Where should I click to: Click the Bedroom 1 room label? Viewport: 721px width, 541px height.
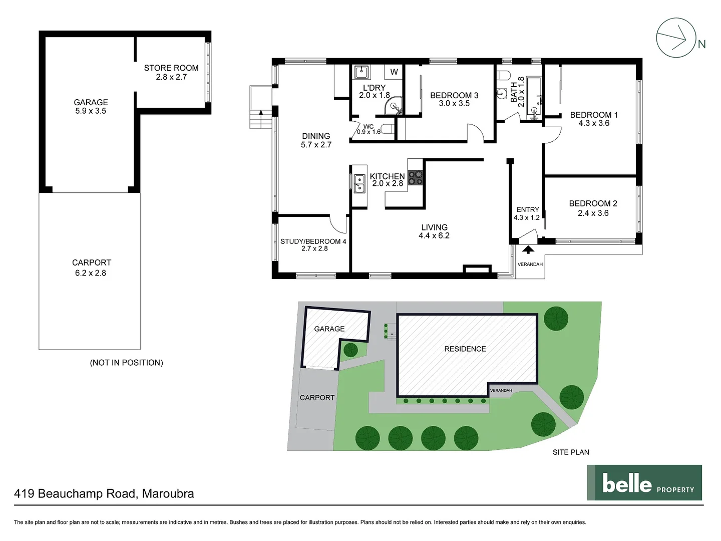[x=594, y=115]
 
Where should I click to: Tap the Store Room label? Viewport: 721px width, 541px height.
[x=171, y=68]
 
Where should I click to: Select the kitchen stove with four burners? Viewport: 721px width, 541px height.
[x=416, y=178]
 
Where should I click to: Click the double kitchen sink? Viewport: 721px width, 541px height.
[x=359, y=183]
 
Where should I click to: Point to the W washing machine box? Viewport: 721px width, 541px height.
[x=394, y=72]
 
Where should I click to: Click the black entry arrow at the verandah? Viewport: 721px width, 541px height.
[x=528, y=249]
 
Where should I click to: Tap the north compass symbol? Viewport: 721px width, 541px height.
[x=676, y=38]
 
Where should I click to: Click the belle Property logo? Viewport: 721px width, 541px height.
[x=644, y=483]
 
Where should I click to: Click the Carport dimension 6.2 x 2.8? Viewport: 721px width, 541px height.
[x=91, y=273]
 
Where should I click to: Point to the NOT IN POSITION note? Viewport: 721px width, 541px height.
[x=126, y=363]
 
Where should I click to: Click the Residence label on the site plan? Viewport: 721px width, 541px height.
[x=465, y=349]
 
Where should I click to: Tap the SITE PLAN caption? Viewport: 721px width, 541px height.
[x=571, y=452]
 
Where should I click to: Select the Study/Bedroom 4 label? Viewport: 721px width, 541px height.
[x=313, y=241]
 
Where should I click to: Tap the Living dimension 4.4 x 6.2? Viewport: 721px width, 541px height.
[x=434, y=235]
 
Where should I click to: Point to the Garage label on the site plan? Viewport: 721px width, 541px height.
[x=329, y=329]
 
